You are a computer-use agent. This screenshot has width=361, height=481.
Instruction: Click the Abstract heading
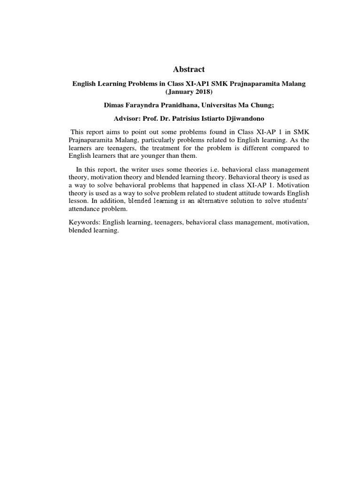tap(189, 70)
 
